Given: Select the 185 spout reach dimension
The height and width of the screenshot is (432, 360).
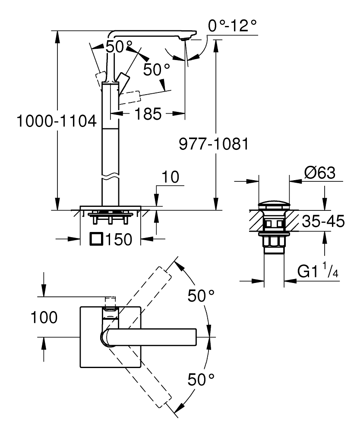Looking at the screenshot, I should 148,114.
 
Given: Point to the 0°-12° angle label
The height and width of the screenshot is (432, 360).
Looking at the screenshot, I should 232,27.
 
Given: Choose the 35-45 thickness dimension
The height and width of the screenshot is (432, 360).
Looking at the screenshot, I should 323,222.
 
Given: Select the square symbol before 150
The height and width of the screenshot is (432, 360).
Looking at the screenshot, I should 97,238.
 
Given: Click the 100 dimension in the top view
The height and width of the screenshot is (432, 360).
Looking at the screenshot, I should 44,318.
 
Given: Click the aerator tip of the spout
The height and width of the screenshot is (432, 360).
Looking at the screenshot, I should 185,39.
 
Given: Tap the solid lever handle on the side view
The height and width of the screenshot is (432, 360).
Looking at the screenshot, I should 121,79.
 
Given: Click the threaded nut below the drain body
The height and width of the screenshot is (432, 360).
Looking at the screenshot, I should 274,242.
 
